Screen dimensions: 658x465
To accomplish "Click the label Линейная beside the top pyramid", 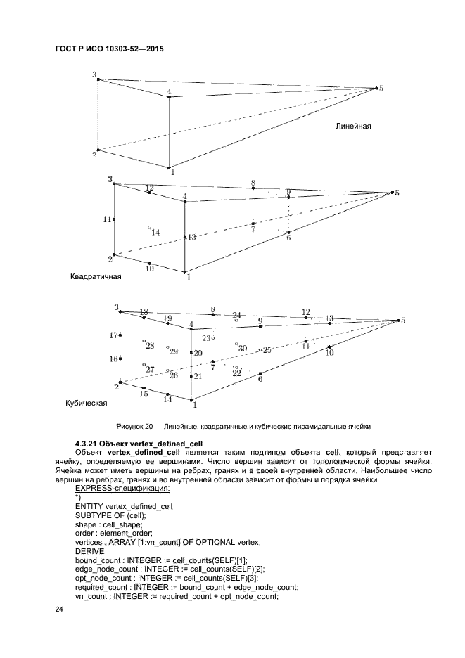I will click(x=352, y=127).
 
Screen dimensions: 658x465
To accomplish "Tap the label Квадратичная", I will click(x=96, y=276).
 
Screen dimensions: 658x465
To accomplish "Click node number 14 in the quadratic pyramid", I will click(x=149, y=228).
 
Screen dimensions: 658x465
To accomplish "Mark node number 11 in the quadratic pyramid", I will click(x=114, y=219).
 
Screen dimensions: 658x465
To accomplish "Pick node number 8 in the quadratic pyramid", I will click(x=253, y=188).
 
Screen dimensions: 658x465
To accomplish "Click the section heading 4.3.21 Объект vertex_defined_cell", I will click(x=139, y=444).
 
